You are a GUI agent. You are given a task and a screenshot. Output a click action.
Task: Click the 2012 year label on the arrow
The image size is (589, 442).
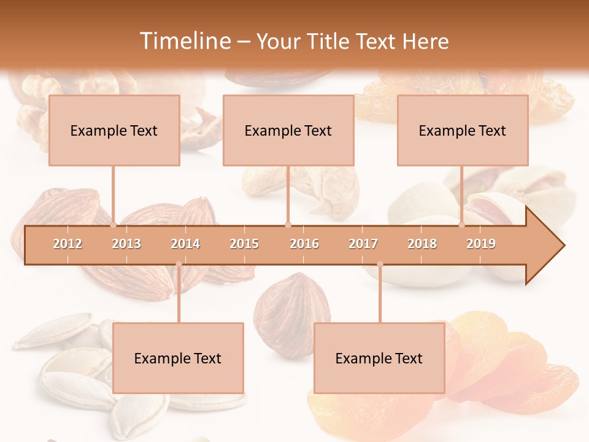(x=67, y=244)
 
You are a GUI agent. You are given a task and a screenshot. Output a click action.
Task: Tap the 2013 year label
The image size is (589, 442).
(x=126, y=244)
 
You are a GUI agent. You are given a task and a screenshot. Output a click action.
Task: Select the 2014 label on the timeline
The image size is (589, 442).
(x=185, y=244)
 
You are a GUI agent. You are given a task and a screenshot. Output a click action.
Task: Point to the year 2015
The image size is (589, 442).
(x=244, y=244)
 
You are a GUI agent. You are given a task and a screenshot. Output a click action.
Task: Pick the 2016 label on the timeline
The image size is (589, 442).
(x=304, y=244)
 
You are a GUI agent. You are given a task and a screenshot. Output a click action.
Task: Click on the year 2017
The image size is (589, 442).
(x=363, y=244)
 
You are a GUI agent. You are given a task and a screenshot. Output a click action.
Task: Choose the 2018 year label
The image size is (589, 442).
(x=422, y=244)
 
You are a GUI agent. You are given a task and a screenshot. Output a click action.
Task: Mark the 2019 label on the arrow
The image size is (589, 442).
(x=481, y=244)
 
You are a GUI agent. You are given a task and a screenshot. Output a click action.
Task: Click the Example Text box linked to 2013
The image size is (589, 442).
(x=114, y=130)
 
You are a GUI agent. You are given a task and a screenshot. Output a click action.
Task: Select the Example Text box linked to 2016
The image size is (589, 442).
(x=288, y=130)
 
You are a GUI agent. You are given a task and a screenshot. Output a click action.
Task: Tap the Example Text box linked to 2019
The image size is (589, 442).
(x=463, y=130)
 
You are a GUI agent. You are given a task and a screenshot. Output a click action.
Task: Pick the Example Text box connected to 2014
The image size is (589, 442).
(x=178, y=358)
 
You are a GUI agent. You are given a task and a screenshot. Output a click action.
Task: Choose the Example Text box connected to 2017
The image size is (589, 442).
(x=379, y=358)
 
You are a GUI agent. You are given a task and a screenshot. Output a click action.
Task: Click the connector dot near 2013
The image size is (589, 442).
(x=114, y=225)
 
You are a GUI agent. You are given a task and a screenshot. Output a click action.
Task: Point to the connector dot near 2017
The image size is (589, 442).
(x=380, y=264)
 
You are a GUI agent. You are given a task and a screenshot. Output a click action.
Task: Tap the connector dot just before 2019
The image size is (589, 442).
(x=462, y=225)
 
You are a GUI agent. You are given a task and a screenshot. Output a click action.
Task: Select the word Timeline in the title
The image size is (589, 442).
(x=184, y=41)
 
